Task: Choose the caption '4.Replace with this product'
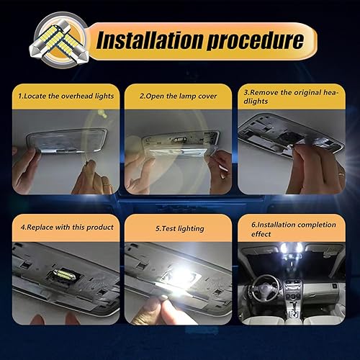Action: pyautogui.click(x=67, y=227)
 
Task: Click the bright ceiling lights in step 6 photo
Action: pyautogui.click(x=291, y=248)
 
